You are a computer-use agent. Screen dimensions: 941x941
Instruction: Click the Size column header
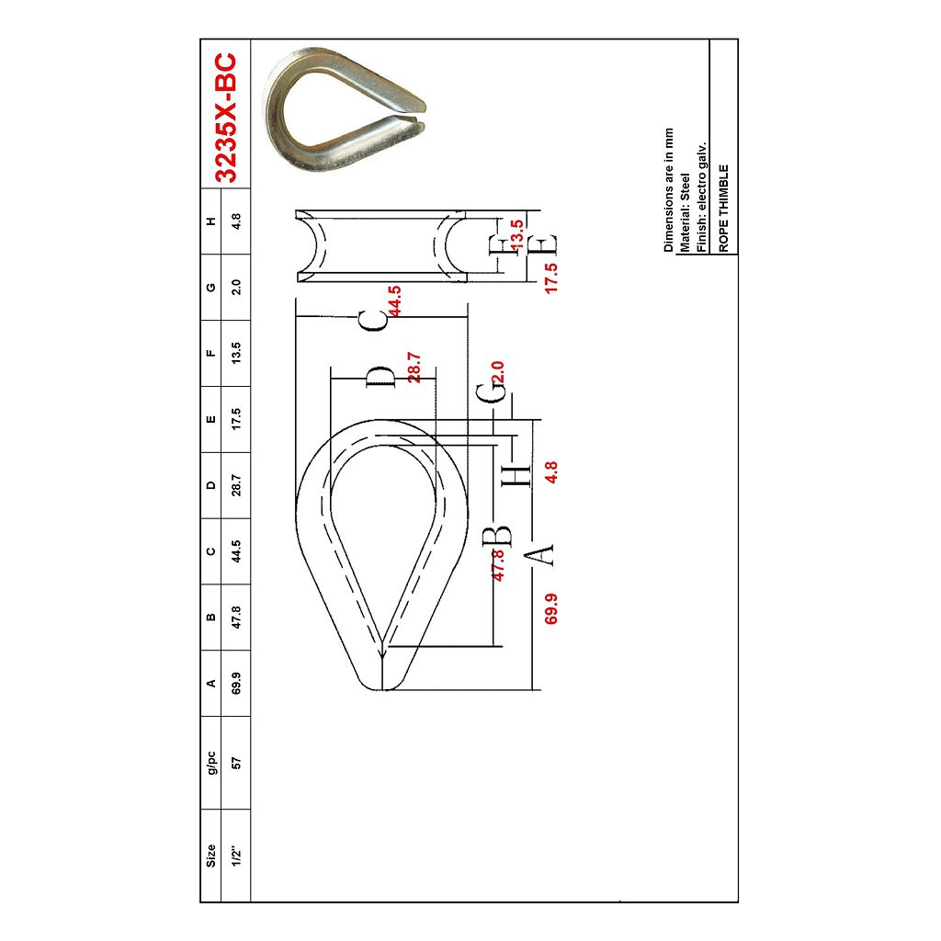pyautogui.click(x=211, y=856)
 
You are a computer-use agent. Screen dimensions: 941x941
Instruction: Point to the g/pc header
pyautogui.click(x=211, y=762)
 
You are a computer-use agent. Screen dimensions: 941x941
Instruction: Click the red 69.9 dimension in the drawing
pyautogui.click(x=551, y=608)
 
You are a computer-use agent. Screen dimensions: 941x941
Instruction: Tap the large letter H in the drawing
pyautogui.click(x=517, y=474)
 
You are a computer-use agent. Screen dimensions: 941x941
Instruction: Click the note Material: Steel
pyautogui.click(x=685, y=212)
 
